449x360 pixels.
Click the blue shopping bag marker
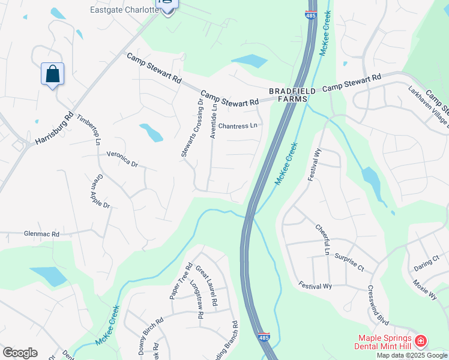tap(53, 74)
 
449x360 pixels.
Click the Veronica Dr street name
tap(122, 159)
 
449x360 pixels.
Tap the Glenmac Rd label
tap(42, 234)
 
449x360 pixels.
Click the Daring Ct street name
tap(427, 257)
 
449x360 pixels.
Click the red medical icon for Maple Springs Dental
tap(421, 341)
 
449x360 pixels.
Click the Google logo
tap(20, 353)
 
